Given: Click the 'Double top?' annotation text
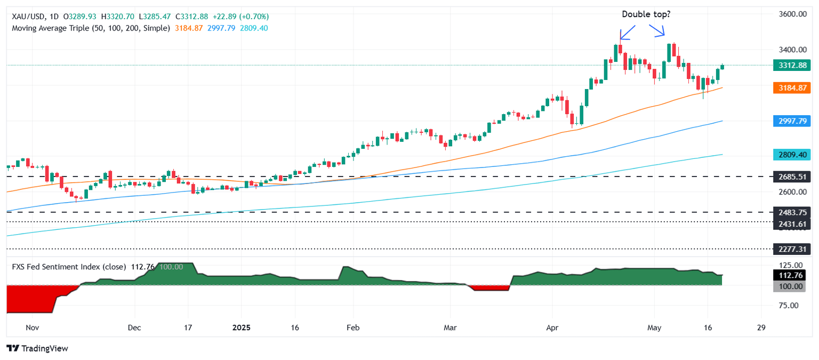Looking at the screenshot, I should pos(646,14).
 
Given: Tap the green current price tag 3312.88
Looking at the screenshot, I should pos(792,65).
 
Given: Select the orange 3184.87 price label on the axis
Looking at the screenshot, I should pos(792,87).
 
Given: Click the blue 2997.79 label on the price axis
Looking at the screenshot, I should pos(792,121).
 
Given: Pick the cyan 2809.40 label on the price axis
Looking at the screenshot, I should pos(792,155).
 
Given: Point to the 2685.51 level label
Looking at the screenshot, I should pos(792,177).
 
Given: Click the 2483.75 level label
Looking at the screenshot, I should pos(792,212).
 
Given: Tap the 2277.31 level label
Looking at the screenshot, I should pos(792,249).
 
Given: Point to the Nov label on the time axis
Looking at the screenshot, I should pos(33,327).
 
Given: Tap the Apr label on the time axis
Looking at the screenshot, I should pos(552,327).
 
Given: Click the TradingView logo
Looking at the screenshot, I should pos(37,348).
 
